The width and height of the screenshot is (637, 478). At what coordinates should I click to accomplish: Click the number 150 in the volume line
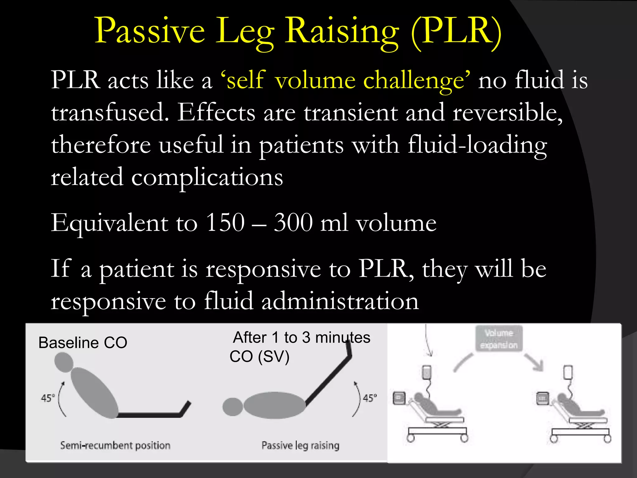coord(225,223)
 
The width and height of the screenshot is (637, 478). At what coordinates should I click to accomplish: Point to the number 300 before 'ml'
coord(293,223)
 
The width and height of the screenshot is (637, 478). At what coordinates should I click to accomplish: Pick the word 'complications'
coord(207,177)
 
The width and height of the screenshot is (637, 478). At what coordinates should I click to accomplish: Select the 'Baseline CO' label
coord(83,343)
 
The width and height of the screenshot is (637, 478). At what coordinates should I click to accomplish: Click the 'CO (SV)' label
coord(259,357)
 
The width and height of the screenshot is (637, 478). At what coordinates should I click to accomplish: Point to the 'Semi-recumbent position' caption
coord(115,446)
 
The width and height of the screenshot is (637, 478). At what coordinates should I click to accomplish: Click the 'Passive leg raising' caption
coord(300,446)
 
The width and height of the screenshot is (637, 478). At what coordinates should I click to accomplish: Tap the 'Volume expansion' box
coord(499,339)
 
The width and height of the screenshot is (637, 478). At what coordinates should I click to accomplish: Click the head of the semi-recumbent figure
coord(64,362)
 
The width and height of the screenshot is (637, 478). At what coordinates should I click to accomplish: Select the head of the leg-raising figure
coord(232,407)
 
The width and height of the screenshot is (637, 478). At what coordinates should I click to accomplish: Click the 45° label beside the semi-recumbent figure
coord(48,398)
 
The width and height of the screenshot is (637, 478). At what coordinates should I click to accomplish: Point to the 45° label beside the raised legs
coord(370,398)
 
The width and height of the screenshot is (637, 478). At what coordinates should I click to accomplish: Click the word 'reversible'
coord(507,113)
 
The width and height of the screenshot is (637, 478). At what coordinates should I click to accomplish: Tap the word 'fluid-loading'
coord(477,145)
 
